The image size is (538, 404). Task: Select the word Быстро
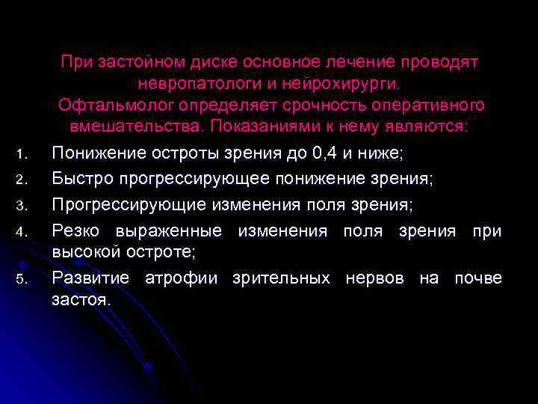[x=77, y=180]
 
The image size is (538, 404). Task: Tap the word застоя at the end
[x=81, y=301]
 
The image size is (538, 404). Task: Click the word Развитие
[x=89, y=278]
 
